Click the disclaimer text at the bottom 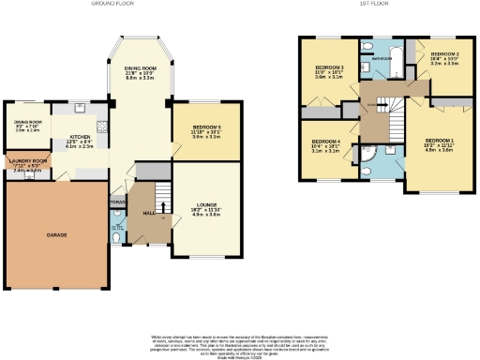click(x=240, y=343)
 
